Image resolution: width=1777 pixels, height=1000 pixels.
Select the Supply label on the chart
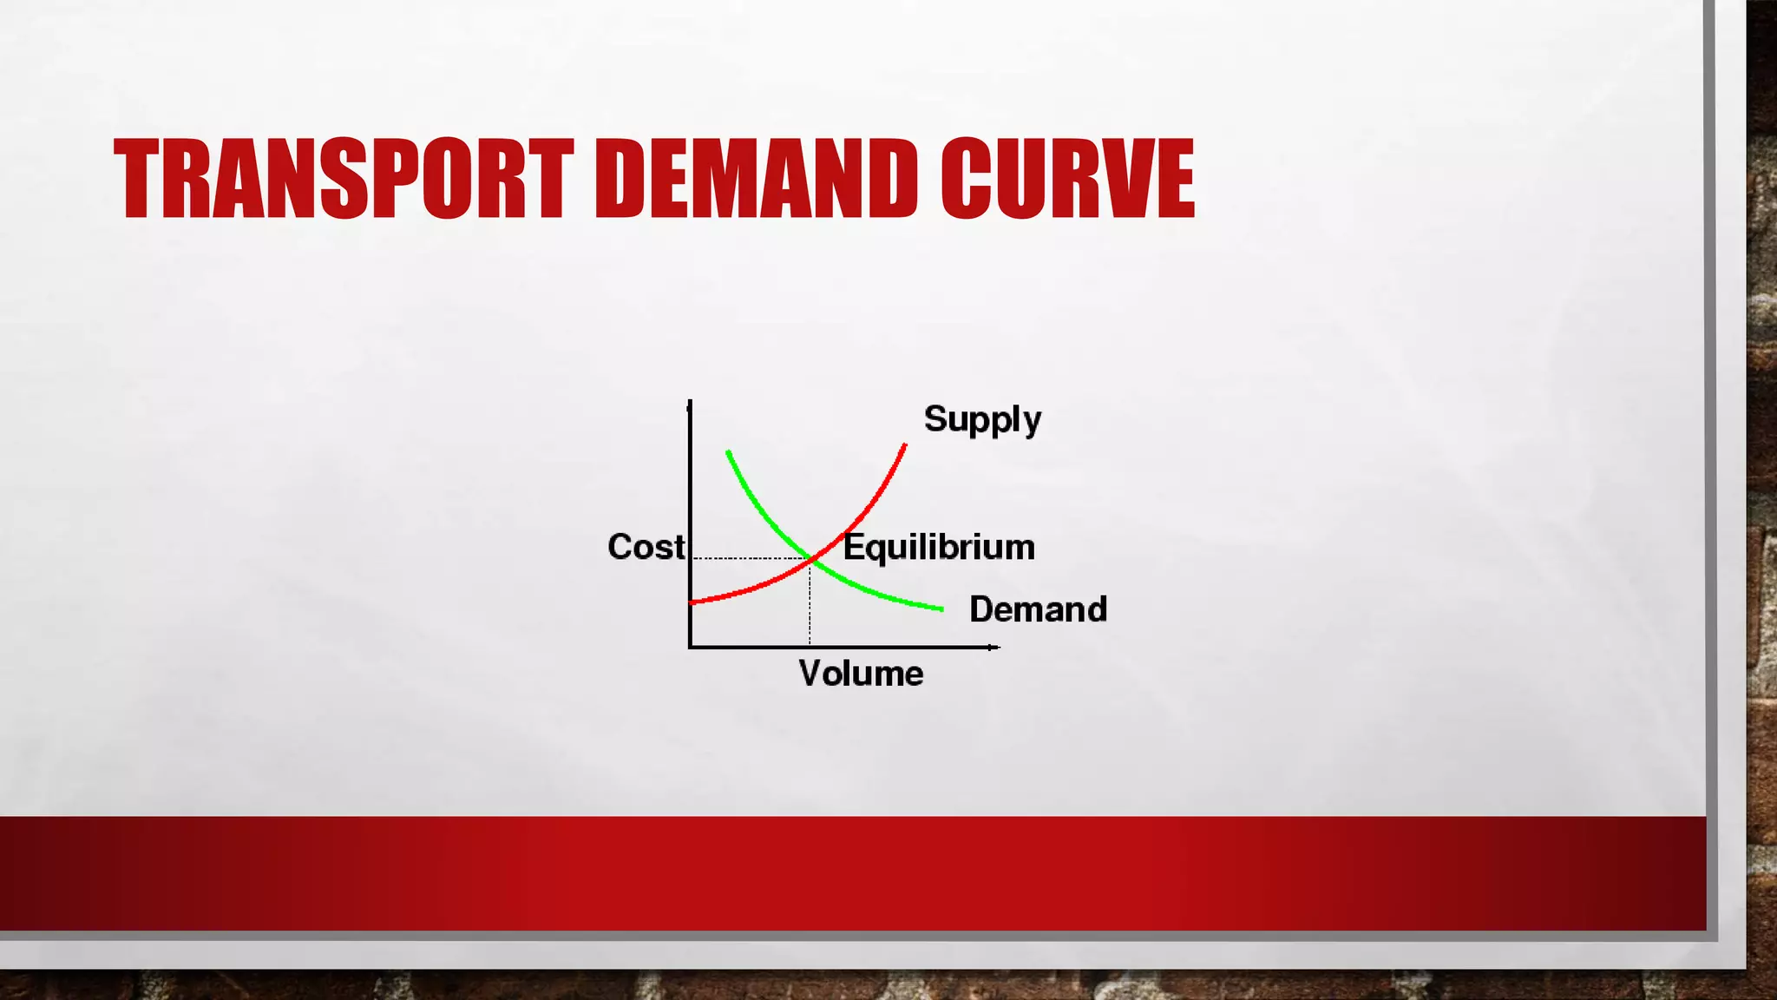(x=982, y=420)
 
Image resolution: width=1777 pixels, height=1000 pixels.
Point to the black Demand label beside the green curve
(x=1038, y=609)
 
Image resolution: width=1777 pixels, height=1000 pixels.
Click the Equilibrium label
(x=940, y=548)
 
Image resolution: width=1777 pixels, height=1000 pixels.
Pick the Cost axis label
(x=646, y=547)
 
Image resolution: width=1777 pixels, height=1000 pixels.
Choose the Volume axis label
(x=861, y=674)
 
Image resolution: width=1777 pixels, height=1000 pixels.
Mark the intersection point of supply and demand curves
(x=810, y=558)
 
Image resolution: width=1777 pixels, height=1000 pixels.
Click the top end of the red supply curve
(x=905, y=446)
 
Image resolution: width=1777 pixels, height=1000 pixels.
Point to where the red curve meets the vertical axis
(x=692, y=601)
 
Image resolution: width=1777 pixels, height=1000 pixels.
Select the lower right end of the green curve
(x=941, y=609)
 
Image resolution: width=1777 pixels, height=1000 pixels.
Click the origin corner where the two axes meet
(x=691, y=647)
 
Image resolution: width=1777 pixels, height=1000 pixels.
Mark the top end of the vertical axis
(x=690, y=404)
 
